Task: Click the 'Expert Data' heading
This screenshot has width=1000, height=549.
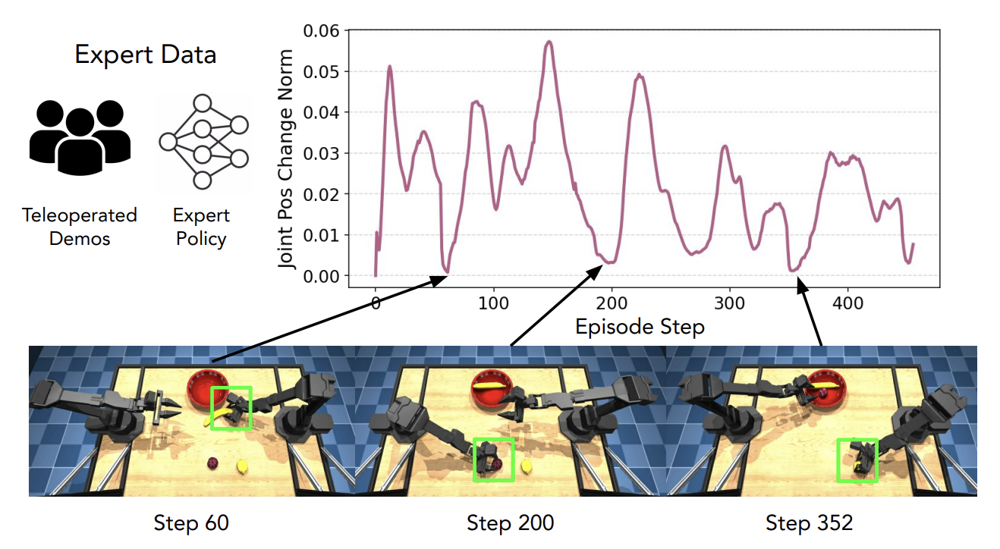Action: [x=145, y=55]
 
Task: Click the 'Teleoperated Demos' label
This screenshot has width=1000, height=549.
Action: [x=80, y=227]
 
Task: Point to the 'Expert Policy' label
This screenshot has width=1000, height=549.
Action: [x=201, y=227]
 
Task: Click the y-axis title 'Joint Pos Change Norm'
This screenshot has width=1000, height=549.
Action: [x=286, y=159]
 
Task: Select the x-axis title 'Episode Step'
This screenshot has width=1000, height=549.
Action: [x=640, y=327]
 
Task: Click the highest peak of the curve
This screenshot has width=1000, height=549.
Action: [x=549, y=42]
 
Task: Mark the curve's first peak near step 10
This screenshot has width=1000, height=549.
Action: [x=389, y=67]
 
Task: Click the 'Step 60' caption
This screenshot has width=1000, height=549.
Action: [x=191, y=522]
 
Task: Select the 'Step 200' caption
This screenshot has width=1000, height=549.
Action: [x=510, y=522]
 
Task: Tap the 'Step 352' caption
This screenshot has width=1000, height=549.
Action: [x=809, y=522]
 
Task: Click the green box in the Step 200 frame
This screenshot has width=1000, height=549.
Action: [x=493, y=459]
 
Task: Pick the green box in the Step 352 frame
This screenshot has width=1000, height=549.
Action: [x=857, y=460]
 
